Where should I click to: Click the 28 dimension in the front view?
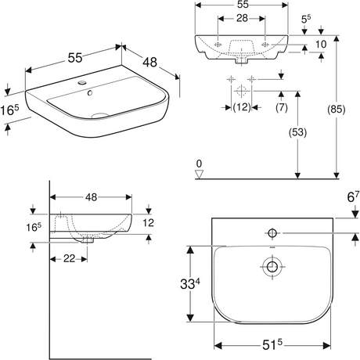coord(242,18)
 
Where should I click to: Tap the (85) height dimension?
coord(337,110)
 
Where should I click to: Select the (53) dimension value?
coord(297,132)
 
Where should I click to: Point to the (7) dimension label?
coord(282,107)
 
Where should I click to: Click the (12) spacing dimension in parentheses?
coord(242,107)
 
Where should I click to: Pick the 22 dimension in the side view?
coord(69,258)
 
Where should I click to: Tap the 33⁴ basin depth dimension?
coord(189,283)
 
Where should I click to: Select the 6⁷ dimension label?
coord(353,196)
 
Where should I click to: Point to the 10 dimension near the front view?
coord(321,45)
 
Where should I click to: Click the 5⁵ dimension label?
coord(306,19)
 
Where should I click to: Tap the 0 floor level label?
coord(199,164)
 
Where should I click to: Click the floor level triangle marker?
coord(199,175)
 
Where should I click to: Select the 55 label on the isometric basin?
coord(75,58)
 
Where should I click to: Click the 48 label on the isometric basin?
coord(150,62)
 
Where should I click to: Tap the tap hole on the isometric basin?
coord(82,83)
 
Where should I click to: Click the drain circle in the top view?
coord(272,266)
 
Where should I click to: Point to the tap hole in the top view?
coord(272,232)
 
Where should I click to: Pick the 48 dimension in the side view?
coord(91,197)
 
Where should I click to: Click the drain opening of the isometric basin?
coord(100,115)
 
